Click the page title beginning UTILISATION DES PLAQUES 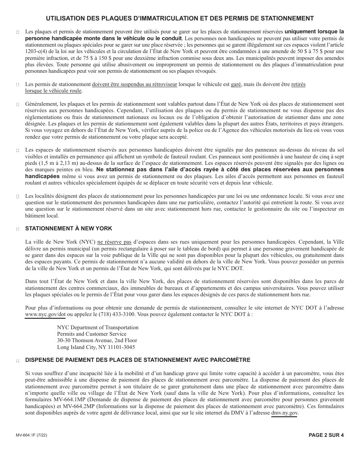click(x=180, y=18)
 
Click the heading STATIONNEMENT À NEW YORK click(x=69, y=228)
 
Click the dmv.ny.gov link click(x=285, y=413)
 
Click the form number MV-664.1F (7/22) click(x=32, y=435)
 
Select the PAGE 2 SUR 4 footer click(x=326, y=435)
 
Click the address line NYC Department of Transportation click(x=98, y=327)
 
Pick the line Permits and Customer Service click(x=92, y=334)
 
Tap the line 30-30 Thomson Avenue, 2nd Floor click(x=97, y=340)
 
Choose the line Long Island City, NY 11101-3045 click(x=96, y=347)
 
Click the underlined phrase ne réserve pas click(x=114, y=241)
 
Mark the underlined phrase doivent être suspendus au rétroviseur click(x=135, y=84)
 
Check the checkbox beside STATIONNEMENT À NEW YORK click(x=18, y=229)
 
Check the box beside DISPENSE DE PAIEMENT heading click(x=18, y=360)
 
